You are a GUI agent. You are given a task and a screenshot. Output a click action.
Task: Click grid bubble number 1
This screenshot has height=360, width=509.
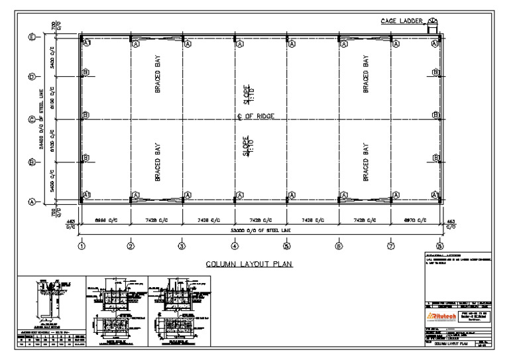81,247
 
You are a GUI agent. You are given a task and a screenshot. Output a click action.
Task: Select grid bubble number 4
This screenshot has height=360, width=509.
235,247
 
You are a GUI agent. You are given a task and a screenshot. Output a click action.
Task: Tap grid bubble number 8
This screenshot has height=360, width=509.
439,247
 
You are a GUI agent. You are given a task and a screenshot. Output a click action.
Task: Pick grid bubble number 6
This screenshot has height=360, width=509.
339,247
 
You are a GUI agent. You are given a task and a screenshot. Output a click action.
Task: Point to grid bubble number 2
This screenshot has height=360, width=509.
131,247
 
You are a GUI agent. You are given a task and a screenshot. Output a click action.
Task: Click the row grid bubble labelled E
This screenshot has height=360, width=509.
31,37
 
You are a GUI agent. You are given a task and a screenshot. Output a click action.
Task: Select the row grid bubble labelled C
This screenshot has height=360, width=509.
31,120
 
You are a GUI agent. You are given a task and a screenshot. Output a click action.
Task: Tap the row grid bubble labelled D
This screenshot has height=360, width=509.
31,78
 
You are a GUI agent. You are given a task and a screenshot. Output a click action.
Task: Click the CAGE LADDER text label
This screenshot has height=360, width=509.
402,21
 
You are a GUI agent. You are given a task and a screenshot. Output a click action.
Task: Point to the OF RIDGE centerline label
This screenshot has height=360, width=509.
256,117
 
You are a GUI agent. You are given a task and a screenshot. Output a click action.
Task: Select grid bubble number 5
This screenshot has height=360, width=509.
287,247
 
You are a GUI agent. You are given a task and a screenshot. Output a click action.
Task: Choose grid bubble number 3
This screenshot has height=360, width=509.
183,247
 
